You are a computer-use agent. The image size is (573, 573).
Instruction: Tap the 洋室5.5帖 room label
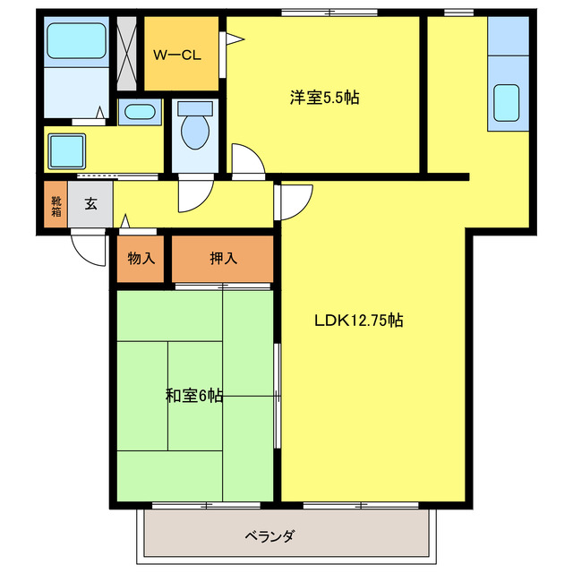pyautogui.click(x=324, y=98)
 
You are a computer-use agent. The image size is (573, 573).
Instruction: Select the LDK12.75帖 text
pyautogui.click(x=357, y=320)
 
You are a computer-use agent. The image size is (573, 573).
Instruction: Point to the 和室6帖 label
pyautogui.click(x=194, y=395)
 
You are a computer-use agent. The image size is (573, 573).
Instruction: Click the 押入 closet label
pyautogui.click(x=223, y=259)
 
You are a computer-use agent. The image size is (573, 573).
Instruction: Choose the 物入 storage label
pyautogui.click(x=141, y=259)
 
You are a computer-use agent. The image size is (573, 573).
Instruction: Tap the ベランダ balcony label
pyautogui.click(x=270, y=536)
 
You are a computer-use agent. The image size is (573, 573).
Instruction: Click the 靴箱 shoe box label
pyautogui.click(x=56, y=207)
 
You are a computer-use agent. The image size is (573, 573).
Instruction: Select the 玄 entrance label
pyautogui.click(x=90, y=204)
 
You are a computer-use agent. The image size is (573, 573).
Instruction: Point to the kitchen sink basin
pyautogui.click(x=509, y=102)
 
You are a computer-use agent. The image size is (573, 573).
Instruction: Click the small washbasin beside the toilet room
pyautogui.click(x=139, y=113)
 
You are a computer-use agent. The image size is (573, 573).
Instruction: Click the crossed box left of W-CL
pyautogui.click(x=129, y=54)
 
